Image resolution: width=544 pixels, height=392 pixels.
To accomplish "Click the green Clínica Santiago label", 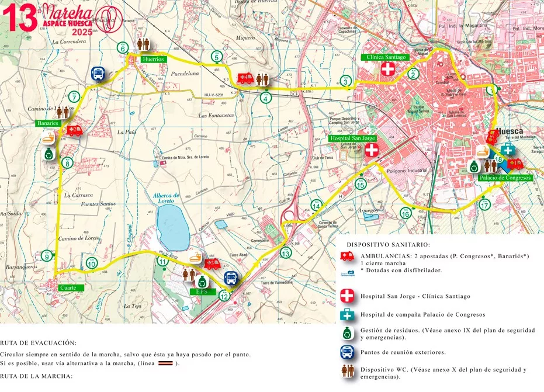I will pos(384,57).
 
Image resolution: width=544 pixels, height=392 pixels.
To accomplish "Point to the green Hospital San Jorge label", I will pos(352,138).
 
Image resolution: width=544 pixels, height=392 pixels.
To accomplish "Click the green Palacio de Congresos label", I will pos(505,178).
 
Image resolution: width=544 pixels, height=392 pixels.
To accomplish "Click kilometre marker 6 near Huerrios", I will pos(123,48).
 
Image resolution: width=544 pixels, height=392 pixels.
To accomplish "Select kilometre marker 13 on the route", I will pos(285,253).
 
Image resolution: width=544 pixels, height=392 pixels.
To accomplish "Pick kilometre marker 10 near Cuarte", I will pos(91,263).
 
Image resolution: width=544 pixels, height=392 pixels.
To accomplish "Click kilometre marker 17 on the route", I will pos(484,205).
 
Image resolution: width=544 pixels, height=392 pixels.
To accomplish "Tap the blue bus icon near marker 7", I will pos(98,74).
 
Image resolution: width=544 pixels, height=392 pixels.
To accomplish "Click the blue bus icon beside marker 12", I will pos(231,278).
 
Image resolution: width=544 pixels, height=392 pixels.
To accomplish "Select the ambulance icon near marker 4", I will pos(245,78).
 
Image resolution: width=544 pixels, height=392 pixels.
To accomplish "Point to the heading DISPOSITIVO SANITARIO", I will pos(388,245).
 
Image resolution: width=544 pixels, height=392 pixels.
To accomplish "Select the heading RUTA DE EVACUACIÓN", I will pos(38,343).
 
